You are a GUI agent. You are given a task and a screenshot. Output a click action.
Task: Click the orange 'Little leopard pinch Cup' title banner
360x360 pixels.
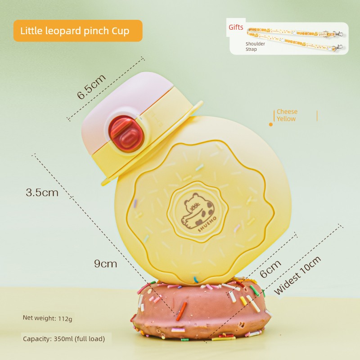[78, 31]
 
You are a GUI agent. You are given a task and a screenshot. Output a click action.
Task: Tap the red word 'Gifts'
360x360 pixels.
[236, 27]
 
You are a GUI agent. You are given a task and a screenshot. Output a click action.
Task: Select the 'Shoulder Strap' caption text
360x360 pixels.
[255, 46]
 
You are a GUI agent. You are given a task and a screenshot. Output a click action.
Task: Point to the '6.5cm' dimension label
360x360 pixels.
[91, 86]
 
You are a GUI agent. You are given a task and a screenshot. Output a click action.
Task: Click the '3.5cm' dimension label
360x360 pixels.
[42, 192]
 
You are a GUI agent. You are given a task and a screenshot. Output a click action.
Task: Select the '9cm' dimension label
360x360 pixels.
[105, 264]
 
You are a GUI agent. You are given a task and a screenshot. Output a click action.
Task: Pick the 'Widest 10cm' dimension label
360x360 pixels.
[298, 275]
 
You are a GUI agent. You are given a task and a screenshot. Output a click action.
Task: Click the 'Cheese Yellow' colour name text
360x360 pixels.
[287, 115]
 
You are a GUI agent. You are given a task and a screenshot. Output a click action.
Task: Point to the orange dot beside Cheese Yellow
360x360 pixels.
[271, 124]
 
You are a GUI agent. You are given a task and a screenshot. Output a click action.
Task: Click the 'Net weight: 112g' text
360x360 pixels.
[47, 318]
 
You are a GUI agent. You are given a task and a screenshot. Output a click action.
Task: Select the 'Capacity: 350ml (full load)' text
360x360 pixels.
[63, 338]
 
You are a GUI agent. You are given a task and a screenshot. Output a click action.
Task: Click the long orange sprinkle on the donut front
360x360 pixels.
[182, 311]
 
